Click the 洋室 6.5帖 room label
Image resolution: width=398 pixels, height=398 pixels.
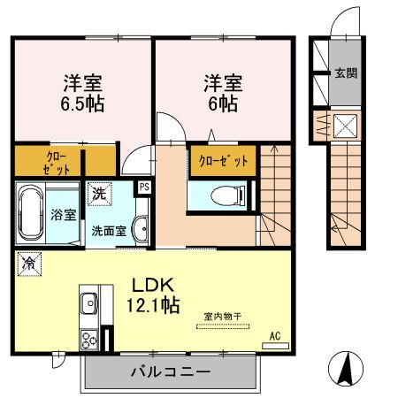(x=81, y=92)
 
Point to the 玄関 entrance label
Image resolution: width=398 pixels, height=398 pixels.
(x=346, y=74)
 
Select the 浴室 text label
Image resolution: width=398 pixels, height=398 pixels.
(x=62, y=213)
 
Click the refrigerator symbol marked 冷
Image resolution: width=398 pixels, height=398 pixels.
(x=29, y=263)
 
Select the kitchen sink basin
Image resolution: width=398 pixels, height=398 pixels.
(x=88, y=307)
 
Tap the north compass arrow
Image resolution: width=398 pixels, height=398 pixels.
(x=346, y=366)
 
